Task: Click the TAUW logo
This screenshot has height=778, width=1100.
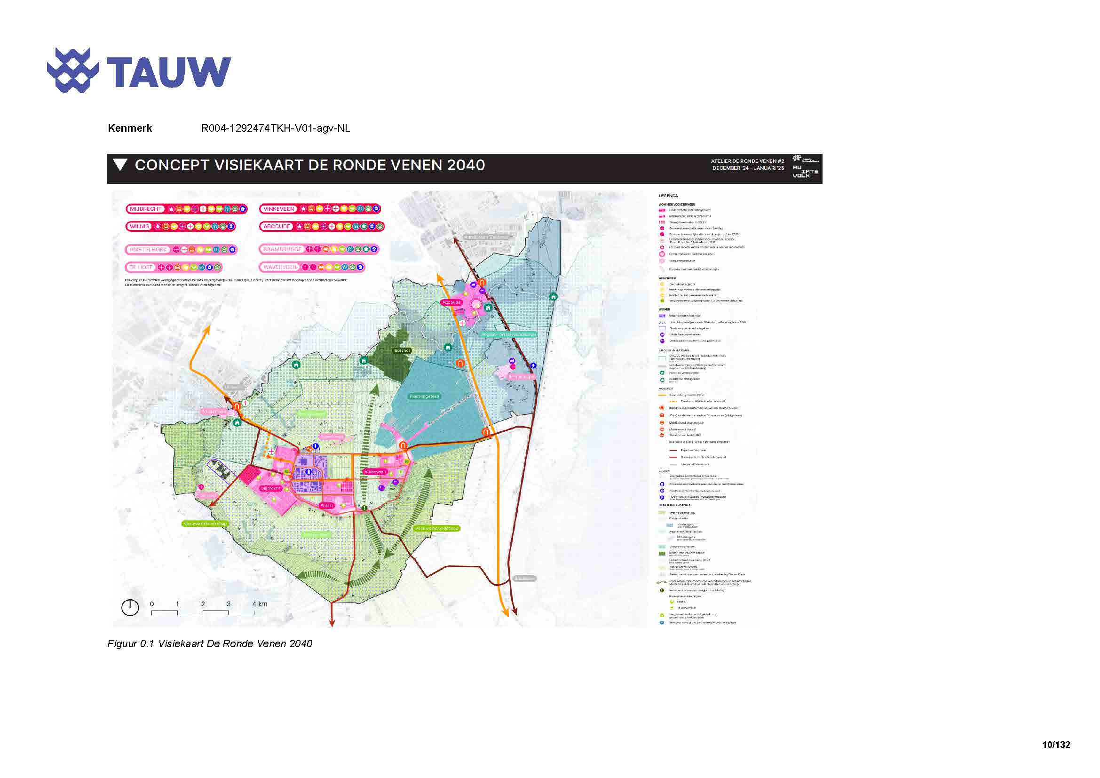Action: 139,71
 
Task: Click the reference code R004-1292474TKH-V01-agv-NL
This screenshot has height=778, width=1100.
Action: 276,128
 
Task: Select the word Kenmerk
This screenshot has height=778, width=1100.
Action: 130,128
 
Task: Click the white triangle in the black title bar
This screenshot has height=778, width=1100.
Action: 120,165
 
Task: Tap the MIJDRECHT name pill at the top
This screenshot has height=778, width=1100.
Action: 146,209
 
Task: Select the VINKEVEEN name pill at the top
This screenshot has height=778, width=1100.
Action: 279,209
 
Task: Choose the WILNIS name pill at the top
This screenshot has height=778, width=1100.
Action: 139,226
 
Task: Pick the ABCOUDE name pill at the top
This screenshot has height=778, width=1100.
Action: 277,226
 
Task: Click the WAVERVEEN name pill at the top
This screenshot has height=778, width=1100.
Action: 280,267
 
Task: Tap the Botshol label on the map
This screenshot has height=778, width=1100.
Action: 402,351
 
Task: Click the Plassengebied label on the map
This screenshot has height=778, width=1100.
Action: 425,397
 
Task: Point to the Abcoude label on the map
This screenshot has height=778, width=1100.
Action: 451,302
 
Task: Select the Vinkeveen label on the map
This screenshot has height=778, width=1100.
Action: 375,472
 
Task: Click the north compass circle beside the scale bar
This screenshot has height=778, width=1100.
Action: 130,607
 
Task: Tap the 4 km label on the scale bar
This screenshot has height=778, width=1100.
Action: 260,604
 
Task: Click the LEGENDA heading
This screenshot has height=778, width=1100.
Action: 668,196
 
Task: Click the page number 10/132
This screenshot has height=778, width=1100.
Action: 1056,745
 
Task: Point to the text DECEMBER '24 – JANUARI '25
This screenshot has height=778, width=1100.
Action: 748,168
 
